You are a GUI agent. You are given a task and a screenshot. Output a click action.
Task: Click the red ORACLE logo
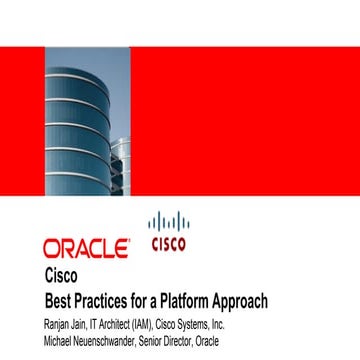[85, 246]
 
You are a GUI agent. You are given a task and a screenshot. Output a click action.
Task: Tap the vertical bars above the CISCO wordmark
[167, 222]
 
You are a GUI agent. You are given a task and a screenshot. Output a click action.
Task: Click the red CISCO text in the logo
[167, 243]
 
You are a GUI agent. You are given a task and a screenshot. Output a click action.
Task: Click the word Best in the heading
[61, 300]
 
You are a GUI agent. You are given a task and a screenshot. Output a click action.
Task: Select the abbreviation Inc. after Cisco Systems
[274, 323]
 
